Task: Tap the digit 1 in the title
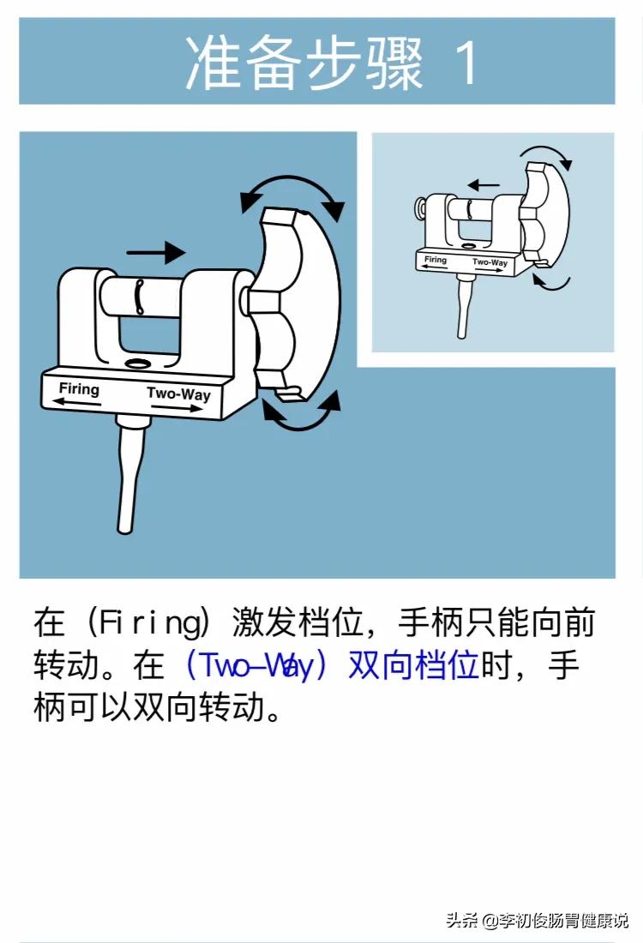tap(467, 62)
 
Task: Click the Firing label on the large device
tap(79, 389)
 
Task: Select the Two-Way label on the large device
tap(178, 394)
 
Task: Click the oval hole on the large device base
tap(135, 363)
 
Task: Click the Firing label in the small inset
tap(436, 260)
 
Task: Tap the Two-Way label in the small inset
tap(490, 263)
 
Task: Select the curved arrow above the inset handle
tap(547, 153)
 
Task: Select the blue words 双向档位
tap(412, 665)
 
